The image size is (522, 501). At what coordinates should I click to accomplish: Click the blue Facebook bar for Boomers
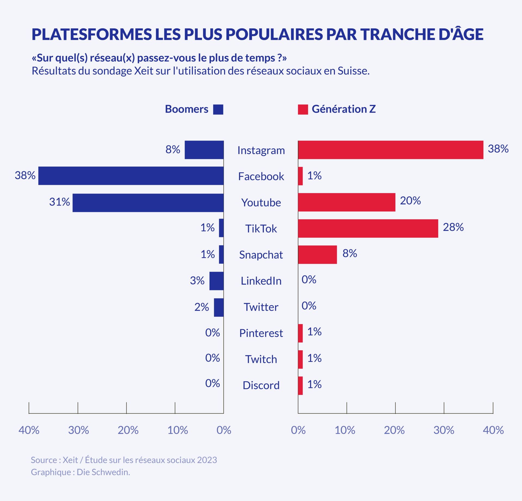pyautogui.click(x=131, y=176)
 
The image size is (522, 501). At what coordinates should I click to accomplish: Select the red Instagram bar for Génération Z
pyautogui.click(x=390, y=150)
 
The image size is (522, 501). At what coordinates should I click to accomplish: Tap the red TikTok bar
pyautogui.click(x=368, y=228)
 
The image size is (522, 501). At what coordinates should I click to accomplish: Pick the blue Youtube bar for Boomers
pyautogui.click(x=148, y=203)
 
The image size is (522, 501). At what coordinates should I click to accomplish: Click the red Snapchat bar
pyautogui.click(x=317, y=254)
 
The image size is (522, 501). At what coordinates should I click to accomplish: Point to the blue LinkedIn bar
pyautogui.click(x=216, y=281)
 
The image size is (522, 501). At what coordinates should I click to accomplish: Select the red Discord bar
pyautogui.click(x=300, y=385)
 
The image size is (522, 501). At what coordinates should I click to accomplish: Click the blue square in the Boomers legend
pyautogui.click(x=218, y=109)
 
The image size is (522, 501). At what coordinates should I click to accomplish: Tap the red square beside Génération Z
pyautogui.click(x=303, y=109)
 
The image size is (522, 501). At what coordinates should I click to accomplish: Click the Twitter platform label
pyautogui.click(x=261, y=307)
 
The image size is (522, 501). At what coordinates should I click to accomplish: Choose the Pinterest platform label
pyautogui.click(x=261, y=333)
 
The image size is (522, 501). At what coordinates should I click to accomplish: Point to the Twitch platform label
pyautogui.click(x=261, y=359)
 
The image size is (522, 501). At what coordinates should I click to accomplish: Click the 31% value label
pyautogui.click(x=59, y=202)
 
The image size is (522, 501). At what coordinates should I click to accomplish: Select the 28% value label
pyautogui.click(x=453, y=227)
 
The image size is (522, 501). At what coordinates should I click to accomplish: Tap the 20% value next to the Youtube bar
pyautogui.click(x=410, y=201)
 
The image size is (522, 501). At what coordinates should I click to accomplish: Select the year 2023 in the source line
pyautogui.click(x=207, y=460)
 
